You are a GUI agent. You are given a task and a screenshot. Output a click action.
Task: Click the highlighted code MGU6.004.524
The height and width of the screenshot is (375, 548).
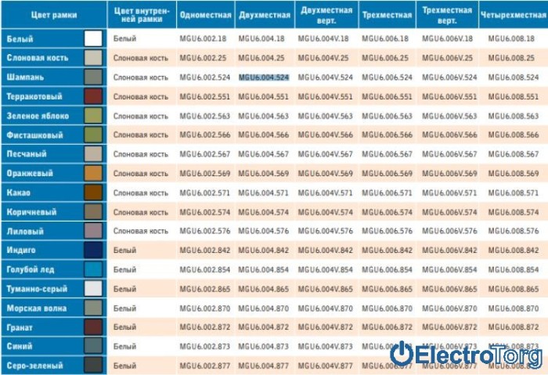click(x=264, y=78)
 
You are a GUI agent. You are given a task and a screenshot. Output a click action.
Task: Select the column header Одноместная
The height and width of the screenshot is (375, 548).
click(x=204, y=15)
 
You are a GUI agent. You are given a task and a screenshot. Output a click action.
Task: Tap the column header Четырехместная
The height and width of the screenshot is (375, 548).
click(x=513, y=15)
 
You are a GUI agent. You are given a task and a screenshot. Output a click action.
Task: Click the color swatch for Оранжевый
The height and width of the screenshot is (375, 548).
click(x=93, y=173)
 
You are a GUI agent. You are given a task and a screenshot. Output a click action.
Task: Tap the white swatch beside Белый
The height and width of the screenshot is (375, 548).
click(x=93, y=38)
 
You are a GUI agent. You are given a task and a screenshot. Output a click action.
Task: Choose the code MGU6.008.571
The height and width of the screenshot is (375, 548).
click(x=513, y=193)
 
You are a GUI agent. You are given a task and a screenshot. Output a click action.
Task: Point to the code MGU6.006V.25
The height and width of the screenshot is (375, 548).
click(x=447, y=58)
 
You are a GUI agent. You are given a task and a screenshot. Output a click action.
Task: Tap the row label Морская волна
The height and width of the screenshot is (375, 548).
click(x=31, y=308)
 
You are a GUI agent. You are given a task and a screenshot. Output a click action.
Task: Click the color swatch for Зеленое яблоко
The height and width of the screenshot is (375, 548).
click(x=93, y=116)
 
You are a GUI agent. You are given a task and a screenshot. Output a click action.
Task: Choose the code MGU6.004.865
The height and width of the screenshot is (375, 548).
click(x=264, y=289)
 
